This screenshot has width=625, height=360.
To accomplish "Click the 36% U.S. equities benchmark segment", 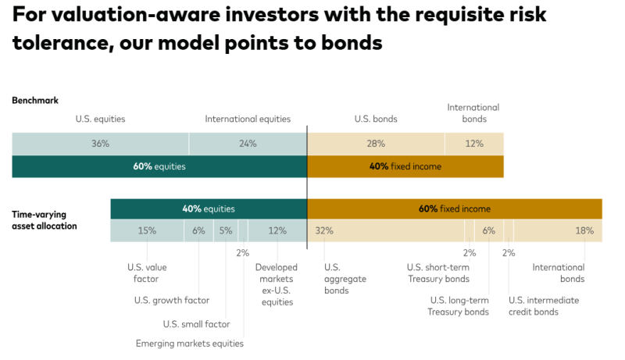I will click(100, 144).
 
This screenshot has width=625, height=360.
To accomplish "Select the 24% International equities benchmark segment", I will click(248, 144).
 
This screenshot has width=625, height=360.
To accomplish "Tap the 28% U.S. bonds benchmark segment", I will click(376, 144).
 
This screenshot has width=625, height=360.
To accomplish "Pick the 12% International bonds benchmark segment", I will click(474, 144).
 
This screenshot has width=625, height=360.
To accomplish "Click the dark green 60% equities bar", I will click(159, 166).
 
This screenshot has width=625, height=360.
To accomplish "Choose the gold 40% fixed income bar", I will click(405, 166).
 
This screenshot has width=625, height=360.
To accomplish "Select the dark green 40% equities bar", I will click(209, 209).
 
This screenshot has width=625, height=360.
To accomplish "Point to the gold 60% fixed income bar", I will click(455, 209).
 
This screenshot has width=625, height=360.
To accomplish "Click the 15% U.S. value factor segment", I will click(147, 231).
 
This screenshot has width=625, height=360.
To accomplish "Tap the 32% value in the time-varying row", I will click(324, 231).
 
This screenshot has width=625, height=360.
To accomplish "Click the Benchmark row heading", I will click(35, 101).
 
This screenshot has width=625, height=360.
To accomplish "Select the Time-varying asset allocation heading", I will click(45, 219).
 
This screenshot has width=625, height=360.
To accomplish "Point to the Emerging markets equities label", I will click(190, 344).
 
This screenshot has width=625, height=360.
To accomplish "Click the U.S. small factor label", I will click(196, 324).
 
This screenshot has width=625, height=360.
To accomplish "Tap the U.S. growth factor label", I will click(172, 301).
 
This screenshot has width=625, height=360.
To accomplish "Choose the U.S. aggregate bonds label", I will click(345, 279).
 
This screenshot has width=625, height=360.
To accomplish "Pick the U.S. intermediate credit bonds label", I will click(545, 306).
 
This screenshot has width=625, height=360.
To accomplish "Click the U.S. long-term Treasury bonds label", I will click(458, 306).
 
